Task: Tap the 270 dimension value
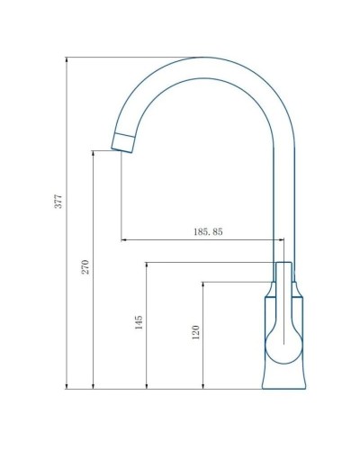point(85,269)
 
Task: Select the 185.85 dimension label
point(208,231)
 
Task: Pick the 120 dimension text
point(195,334)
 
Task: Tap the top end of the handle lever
point(283,266)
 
